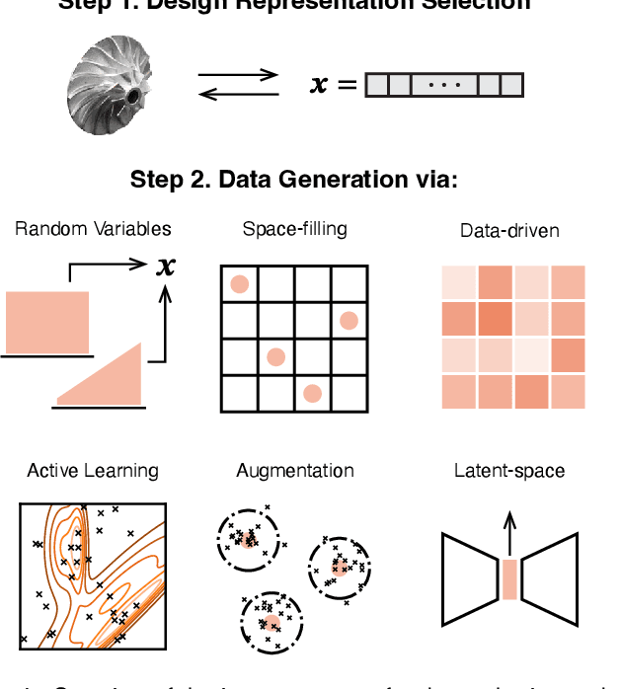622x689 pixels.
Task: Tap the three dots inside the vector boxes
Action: tap(443, 85)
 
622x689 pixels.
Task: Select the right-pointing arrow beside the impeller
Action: tap(239, 74)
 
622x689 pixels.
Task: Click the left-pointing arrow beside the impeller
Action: tap(239, 94)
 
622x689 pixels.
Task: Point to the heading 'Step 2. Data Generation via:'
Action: tap(294, 181)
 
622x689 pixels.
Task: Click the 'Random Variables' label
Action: tap(93, 229)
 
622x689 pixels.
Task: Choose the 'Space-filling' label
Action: tap(294, 229)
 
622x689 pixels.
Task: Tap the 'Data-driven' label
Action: tap(509, 231)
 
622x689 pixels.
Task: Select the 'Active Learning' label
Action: tap(93, 470)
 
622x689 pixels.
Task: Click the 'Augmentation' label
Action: tap(294, 470)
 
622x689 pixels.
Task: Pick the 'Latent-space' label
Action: tap(509, 470)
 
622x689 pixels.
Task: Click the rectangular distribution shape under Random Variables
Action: tap(47, 317)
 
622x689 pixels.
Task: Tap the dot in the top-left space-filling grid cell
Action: tap(239, 284)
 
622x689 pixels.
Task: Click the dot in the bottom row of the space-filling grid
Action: tap(312, 393)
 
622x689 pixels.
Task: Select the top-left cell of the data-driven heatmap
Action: tap(459, 283)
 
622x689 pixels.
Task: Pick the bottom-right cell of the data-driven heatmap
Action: tap(567, 392)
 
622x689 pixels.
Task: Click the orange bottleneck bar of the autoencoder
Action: tap(509, 579)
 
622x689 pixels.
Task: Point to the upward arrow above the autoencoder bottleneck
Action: tap(509, 533)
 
